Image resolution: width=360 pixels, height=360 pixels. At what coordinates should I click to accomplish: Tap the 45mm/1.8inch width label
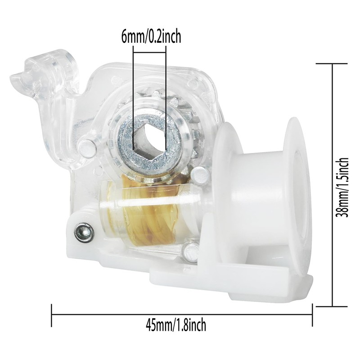pyautogui.click(x=176, y=324)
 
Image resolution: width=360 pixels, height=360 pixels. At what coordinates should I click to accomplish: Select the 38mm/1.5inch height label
pyautogui.click(x=342, y=187)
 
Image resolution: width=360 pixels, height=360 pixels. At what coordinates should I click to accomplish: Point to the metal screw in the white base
pyautogui.click(x=85, y=232)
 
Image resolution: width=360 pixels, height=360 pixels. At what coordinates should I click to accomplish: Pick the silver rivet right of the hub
pyautogui.click(x=200, y=175)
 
